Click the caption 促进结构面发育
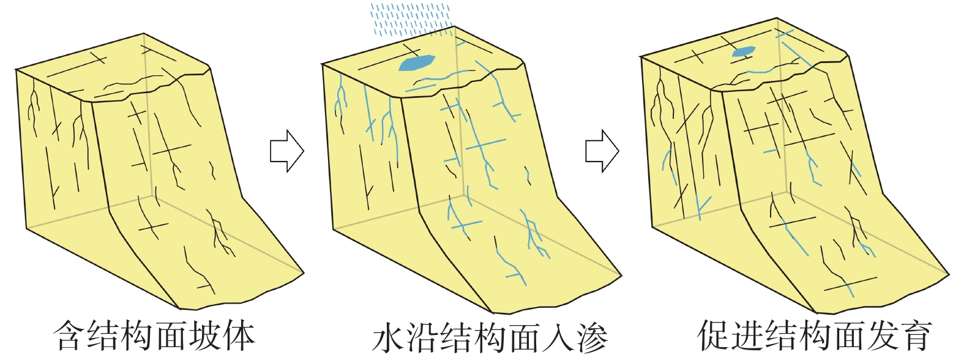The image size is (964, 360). (x=814, y=335)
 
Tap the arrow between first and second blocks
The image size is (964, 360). (x=286, y=151)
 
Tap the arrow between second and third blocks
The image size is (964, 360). (x=602, y=151)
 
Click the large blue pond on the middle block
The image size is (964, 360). (x=417, y=62)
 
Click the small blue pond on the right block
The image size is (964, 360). (x=743, y=53)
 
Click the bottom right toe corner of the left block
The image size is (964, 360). (x=304, y=271)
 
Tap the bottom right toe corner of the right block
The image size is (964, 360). (x=949, y=274)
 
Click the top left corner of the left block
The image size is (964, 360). (x=16, y=70)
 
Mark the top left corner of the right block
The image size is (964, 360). (x=641, y=57)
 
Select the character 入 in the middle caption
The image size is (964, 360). (x=556, y=338)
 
